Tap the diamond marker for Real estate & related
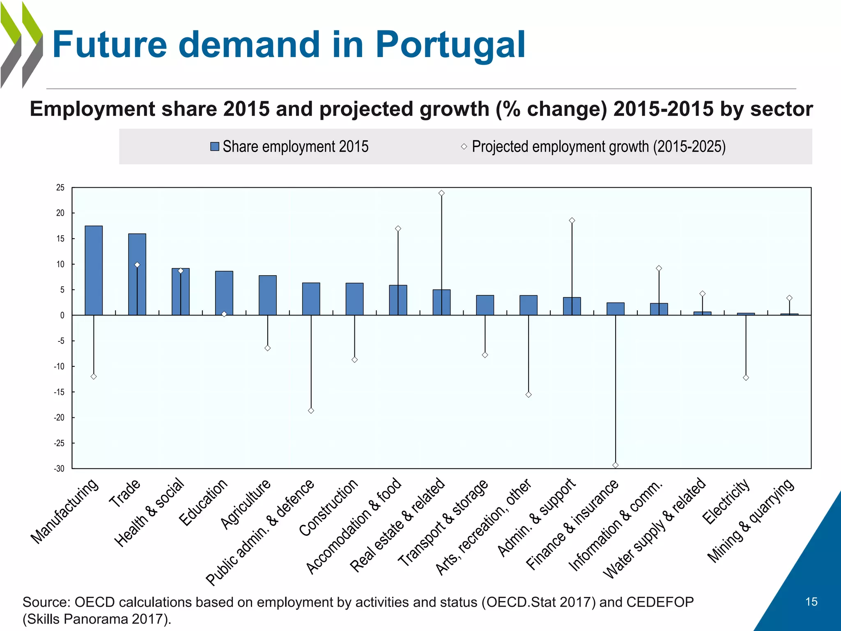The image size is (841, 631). [x=441, y=193]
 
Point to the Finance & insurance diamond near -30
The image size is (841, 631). [x=615, y=465]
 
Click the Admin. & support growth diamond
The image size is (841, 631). [x=572, y=221]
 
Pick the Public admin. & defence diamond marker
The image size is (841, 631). [x=311, y=411]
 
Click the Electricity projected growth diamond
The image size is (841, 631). [x=746, y=378]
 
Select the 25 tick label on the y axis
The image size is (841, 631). [x=60, y=188]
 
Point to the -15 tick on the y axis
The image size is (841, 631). [x=59, y=392]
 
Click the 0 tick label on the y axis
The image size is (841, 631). [x=62, y=315]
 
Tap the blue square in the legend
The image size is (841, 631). [x=214, y=147]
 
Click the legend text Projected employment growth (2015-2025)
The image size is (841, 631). [x=598, y=147]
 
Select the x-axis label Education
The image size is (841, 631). [x=204, y=502]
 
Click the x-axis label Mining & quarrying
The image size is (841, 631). [x=751, y=520]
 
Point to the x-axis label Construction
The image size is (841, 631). [x=329, y=507]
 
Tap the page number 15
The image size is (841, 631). [x=811, y=602]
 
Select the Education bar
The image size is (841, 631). [x=224, y=293]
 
